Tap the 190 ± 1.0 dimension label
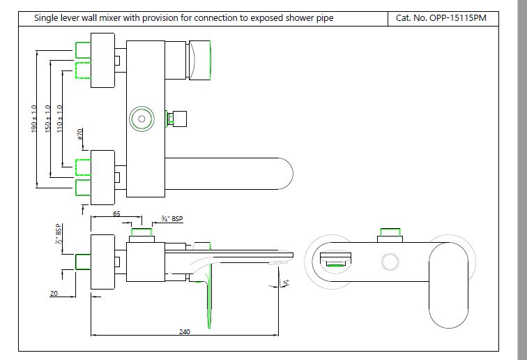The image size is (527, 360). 34,120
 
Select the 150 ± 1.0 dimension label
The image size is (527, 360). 47,120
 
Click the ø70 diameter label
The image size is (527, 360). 81,135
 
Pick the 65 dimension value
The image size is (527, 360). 116,215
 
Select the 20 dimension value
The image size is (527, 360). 54,294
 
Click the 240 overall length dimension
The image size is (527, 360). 185,331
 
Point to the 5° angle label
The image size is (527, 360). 286,283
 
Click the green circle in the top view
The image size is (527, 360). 142,119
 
